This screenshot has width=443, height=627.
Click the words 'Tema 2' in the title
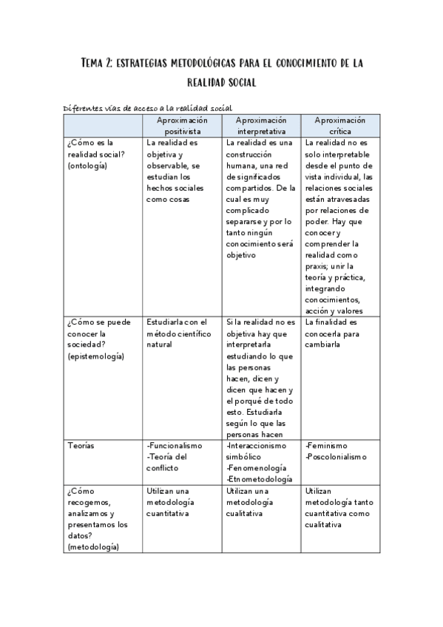98,64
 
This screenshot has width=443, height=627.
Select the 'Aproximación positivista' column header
181,126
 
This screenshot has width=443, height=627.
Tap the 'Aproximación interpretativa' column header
261,126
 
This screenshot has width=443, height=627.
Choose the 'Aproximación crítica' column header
340,126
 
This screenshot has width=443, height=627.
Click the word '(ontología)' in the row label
87,166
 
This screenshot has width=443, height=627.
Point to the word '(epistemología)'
95,356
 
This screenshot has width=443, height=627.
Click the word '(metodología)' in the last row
92,547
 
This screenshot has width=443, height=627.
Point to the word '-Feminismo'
325,446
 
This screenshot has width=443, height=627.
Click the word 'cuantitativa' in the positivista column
168,513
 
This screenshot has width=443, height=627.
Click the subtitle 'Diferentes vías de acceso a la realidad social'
148,109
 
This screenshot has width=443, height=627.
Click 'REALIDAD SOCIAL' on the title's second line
221,83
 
